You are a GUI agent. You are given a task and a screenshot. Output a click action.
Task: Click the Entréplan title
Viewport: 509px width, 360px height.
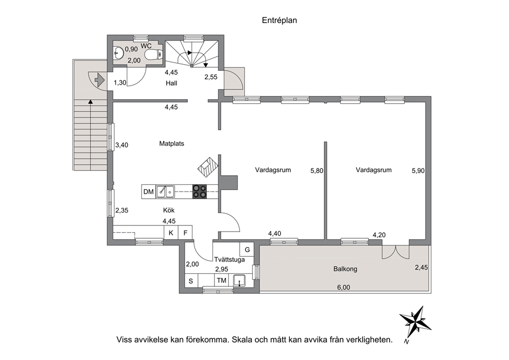[279, 20]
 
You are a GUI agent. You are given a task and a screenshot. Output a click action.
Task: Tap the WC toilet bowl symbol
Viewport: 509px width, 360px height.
[153, 54]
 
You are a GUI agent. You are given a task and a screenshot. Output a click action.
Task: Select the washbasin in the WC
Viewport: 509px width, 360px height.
[119, 52]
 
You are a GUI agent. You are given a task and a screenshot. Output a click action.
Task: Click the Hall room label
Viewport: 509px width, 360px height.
[171, 83]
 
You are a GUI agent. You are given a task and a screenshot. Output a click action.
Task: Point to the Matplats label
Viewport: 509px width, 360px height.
[171, 143]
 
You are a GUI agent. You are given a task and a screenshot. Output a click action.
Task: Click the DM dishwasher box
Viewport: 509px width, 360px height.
[148, 192]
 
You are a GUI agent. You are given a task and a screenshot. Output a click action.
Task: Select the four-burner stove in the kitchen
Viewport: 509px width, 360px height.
[199, 192]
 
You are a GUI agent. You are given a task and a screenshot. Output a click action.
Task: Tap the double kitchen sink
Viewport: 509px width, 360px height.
[165, 192]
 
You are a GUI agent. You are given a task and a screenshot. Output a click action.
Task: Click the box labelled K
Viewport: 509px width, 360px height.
[171, 233]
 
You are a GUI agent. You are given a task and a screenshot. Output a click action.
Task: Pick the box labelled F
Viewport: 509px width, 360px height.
[185, 233]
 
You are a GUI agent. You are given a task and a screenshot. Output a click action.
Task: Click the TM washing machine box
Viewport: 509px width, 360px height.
[221, 280]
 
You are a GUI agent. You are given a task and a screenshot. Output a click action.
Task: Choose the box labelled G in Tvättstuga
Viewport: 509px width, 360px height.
[247, 250]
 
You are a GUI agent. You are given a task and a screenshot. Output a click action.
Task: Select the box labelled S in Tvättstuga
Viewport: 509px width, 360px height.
[191, 280]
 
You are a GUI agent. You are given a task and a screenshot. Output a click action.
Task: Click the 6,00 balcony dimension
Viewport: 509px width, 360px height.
[343, 287]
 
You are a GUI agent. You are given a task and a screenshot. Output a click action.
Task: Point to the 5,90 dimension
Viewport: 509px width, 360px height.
[418, 170]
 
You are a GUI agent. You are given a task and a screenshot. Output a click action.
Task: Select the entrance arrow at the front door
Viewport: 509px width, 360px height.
[99, 79]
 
